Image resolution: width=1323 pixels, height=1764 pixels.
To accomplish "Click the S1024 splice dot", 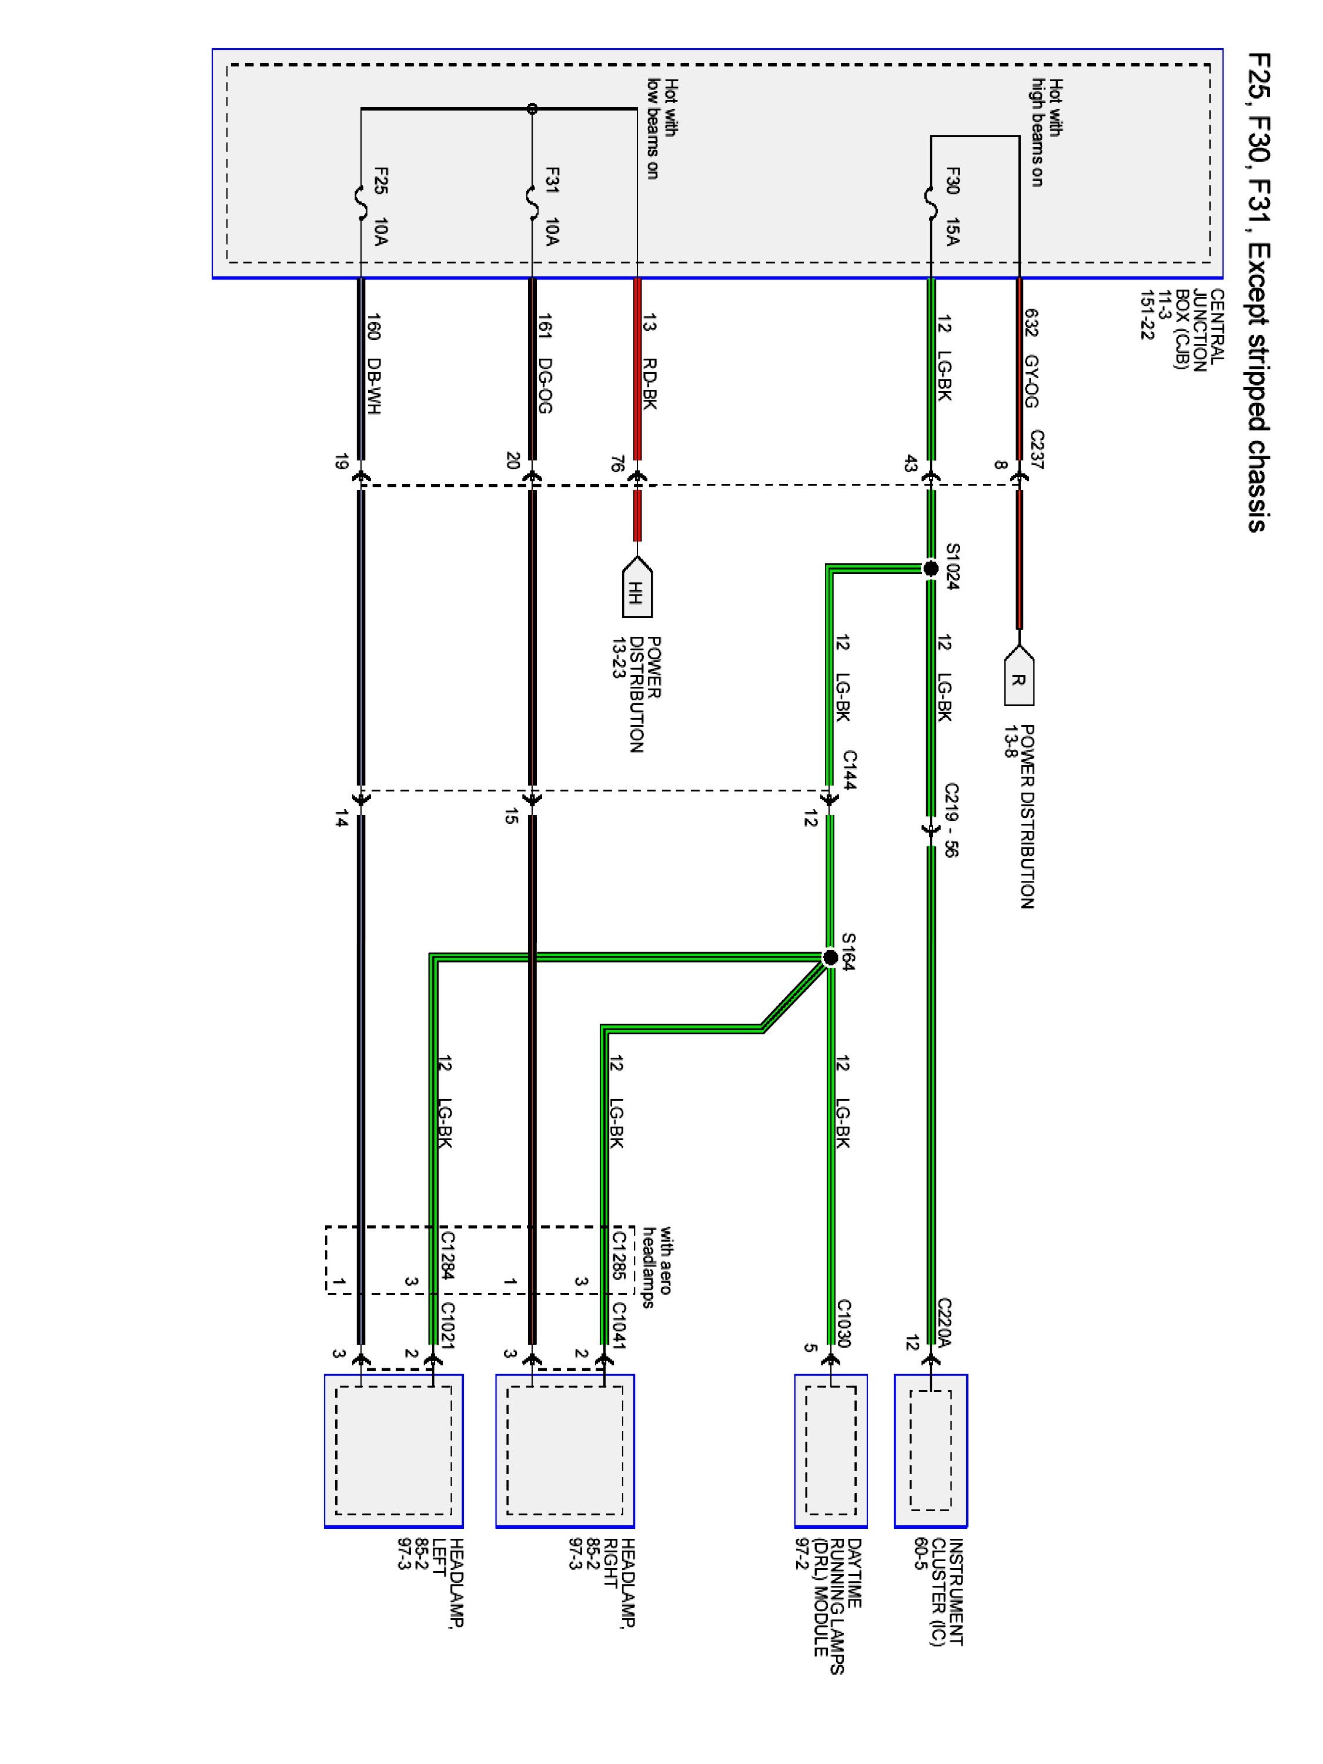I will point(930,569).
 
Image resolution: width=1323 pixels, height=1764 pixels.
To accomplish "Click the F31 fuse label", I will point(553,181).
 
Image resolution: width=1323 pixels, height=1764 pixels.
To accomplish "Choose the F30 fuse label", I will point(952,181).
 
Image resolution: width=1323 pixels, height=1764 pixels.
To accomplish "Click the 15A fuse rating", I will point(952,231).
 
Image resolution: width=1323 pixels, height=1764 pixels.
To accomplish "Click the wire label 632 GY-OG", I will point(1030,358).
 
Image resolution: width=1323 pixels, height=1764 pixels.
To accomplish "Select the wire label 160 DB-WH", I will point(373,363).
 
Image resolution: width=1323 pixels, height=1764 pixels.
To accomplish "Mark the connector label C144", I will point(848,770).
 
